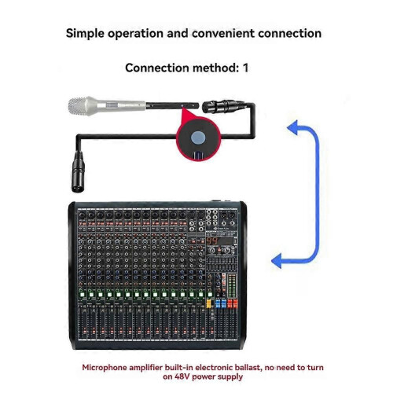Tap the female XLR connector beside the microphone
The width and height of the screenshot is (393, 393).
(x=223, y=106)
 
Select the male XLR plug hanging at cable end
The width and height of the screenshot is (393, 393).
(x=79, y=172)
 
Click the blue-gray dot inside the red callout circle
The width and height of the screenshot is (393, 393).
(x=199, y=138)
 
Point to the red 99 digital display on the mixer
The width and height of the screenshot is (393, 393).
(x=212, y=241)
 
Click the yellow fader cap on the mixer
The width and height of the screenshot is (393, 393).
(x=209, y=303)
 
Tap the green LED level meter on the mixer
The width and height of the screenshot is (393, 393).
(x=232, y=286)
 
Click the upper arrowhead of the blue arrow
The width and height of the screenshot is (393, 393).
(x=292, y=127)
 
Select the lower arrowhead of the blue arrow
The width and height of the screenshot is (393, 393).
(x=277, y=261)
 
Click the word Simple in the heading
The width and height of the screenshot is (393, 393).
(x=85, y=34)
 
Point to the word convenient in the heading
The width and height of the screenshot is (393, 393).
(x=223, y=33)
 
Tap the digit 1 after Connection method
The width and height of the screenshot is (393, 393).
(x=245, y=68)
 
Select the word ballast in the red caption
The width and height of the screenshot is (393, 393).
(x=248, y=367)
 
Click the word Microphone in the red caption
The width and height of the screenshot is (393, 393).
(x=105, y=368)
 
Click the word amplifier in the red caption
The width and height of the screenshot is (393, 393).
(x=145, y=368)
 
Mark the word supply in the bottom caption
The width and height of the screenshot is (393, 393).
(x=231, y=377)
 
